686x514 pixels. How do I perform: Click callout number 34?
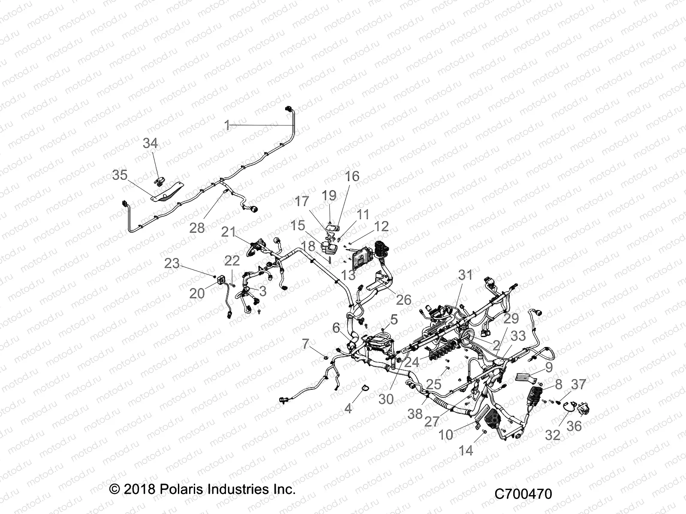pyautogui.click(x=150, y=143)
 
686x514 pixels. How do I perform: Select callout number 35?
pyautogui.click(x=120, y=175)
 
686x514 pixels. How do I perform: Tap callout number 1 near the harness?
pyautogui.click(x=227, y=125)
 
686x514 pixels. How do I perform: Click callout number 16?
pyautogui.click(x=352, y=176)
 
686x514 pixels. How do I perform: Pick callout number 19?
pyautogui.click(x=329, y=195)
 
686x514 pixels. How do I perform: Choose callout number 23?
pyautogui.click(x=172, y=263)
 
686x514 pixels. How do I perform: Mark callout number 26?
pyautogui.click(x=403, y=299)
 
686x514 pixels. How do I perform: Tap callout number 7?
pyautogui.click(x=305, y=344)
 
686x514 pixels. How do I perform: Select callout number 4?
pyautogui.click(x=348, y=408)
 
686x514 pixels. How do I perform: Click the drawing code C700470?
pyautogui.click(x=523, y=493)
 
